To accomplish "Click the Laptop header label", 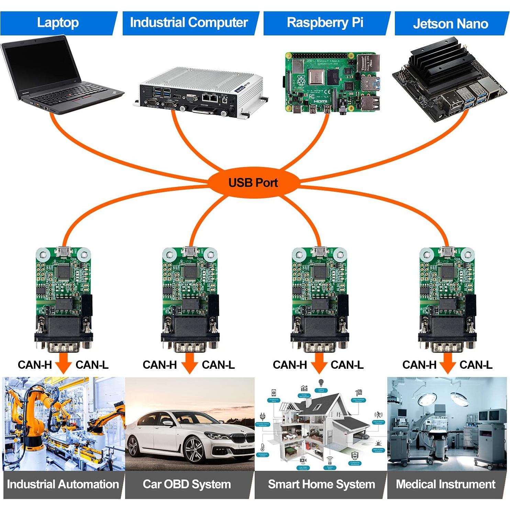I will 57,23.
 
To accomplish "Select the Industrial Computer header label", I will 189,23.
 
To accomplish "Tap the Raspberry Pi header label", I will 325,23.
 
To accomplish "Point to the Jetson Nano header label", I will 450,24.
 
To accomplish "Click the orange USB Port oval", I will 253,182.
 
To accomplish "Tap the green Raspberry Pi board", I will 332,82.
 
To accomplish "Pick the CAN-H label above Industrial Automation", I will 34,365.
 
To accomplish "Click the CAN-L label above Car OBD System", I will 218,365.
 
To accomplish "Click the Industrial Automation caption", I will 63,484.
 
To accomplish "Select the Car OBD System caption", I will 187,484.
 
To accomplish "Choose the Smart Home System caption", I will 321,484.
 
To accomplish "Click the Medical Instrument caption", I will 446,484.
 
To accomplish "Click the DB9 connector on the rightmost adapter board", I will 447,340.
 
